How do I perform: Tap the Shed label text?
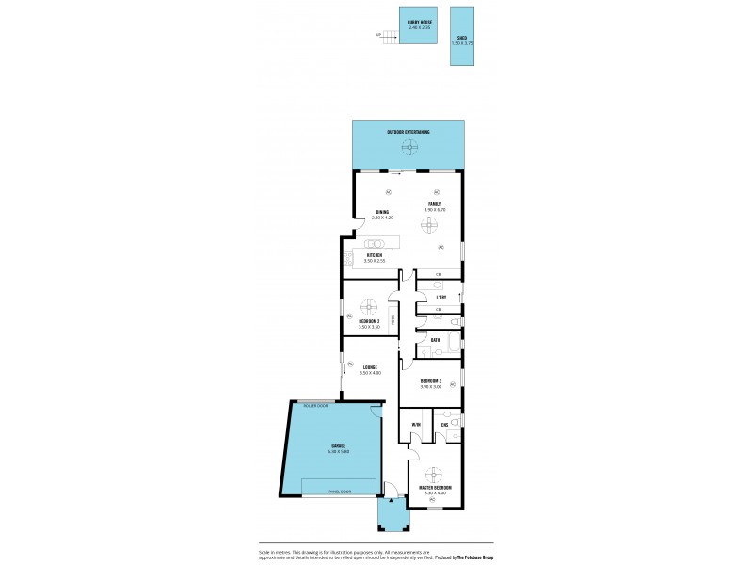pyautogui.click(x=460, y=39)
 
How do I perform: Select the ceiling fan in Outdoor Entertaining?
pyautogui.click(x=408, y=145)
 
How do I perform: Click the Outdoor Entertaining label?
pyautogui.click(x=408, y=132)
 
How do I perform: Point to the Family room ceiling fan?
pyautogui.click(x=430, y=225)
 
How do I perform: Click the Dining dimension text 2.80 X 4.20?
pyautogui.click(x=382, y=218)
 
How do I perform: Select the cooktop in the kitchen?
pyautogui.click(x=348, y=259)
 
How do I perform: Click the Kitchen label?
pyautogui.click(x=376, y=254)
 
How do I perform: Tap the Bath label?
pyautogui.click(x=435, y=339)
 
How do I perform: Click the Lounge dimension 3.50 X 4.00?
pyautogui.click(x=370, y=373)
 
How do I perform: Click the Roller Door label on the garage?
pyautogui.click(x=315, y=405)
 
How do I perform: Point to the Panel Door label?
pyautogui.click(x=340, y=491)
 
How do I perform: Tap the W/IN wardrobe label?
pyautogui.click(x=415, y=425)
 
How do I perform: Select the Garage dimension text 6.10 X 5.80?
pyautogui.click(x=337, y=451)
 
